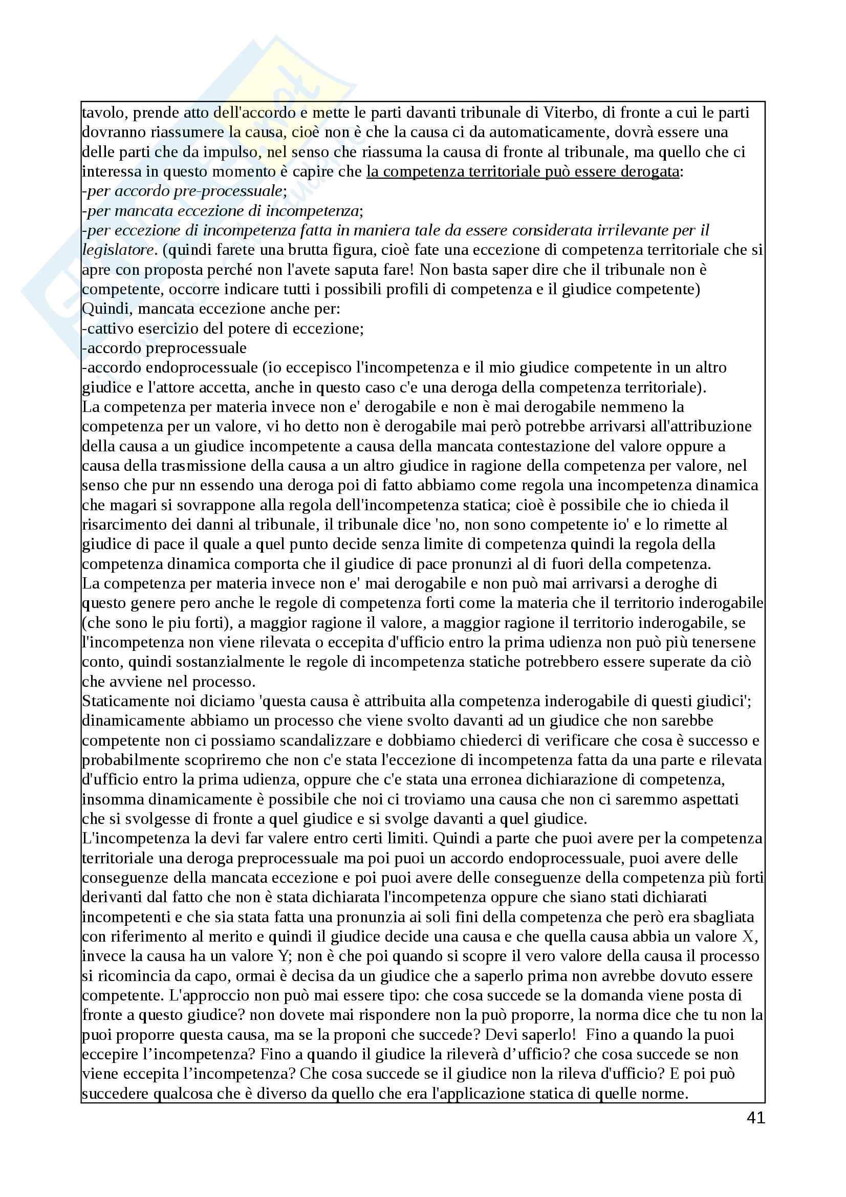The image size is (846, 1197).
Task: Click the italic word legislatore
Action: [x=118, y=250]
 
